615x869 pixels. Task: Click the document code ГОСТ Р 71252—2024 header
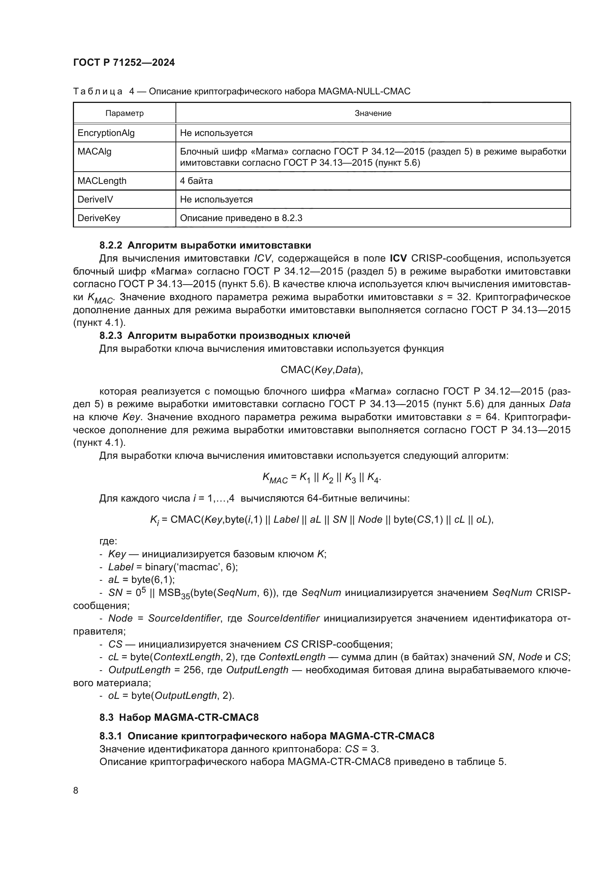pos(124,63)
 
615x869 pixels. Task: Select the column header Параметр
pos(124,113)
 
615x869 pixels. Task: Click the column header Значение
pos(373,113)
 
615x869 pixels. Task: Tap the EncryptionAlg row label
pos(106,133)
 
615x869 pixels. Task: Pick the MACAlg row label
pos(94,152)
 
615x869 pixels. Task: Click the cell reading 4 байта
pos(196,181)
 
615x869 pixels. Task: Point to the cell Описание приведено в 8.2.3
pos(241,218)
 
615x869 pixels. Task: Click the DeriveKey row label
pos(99,218)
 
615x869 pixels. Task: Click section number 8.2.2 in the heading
pos(110,245)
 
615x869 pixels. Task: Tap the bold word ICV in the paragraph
pos(398,259)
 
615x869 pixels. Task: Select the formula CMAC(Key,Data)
pos(322,370)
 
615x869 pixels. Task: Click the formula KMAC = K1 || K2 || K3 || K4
pos(322,478)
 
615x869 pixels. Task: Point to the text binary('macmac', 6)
pos(191,567)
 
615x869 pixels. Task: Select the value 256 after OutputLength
pos(192,670)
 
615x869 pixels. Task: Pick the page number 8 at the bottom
pos(76,791)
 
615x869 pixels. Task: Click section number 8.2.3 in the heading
pos(110,336)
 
